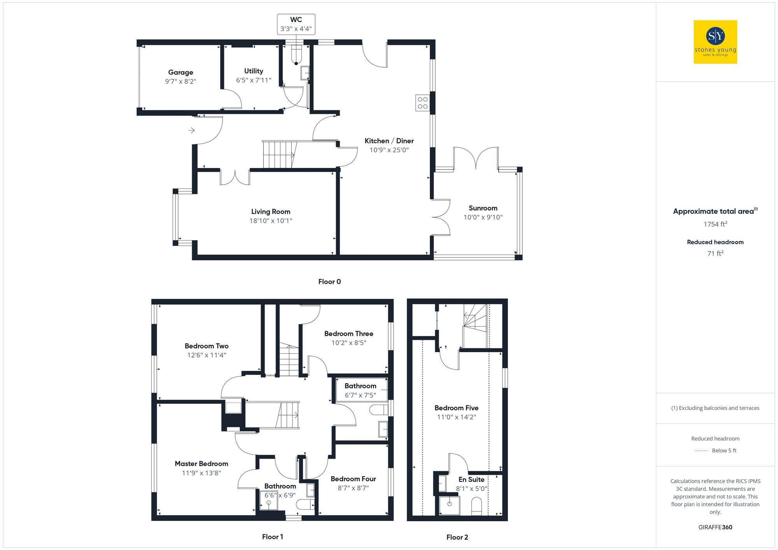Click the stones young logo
pyautogui.click(x=715, y=42)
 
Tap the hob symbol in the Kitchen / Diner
pyautogui.click(x=422, y=103)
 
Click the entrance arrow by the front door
pyautogui.click(x=191, y=131)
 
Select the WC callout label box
pyautogui.click(x=296, y=24)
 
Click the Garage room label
pyautogui.click(x=180, y=72)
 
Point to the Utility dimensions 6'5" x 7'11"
pyautogui.click(x=254, y=80)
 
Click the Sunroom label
pyautogui.click(x=483, y=208)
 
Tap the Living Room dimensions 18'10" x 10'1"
pyautogui.click(x=271, y=221)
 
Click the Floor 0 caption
pyautogui.click(x=329, y=282)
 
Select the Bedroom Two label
pyautogui.click(x=207, y=346)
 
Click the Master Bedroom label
pyautogui.click(x=201, y=464)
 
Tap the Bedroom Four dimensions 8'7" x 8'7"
pyautogui.click(x=353, y=488)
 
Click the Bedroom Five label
pyautogui.click(x=456, y=408)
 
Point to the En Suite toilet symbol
pyautogui.click(x=477, y=507)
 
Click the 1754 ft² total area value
pyautogui.click(x=715, y=224)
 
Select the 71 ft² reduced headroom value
pyautogui.click(x=715, y=253)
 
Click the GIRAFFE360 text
pyautogui.click(x=715, y=527)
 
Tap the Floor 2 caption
pyautogui.click(x=457, y=537)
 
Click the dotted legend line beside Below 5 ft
pyautogui.click(x=701, y=451)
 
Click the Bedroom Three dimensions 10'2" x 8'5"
pyautogui.click(x=349, y=343)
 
